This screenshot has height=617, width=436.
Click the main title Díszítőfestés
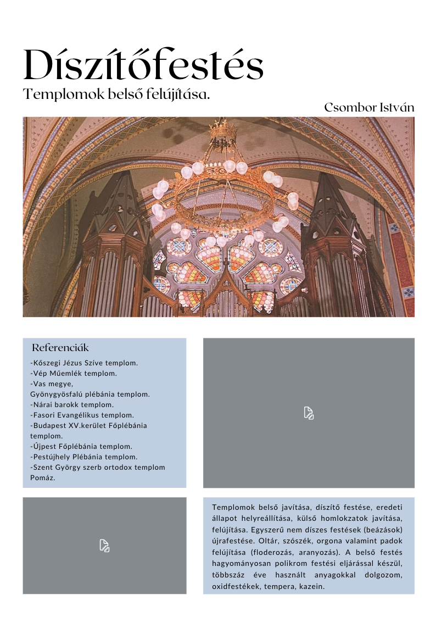tap(143, 65)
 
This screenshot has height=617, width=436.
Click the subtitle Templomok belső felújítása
tap(117, 95)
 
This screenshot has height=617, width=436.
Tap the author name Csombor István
tap(369, 108)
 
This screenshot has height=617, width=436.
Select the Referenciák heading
tap(60, 348)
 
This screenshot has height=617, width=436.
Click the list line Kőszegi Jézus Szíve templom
tap(84, 363)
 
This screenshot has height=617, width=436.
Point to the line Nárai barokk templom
tap(72, 405)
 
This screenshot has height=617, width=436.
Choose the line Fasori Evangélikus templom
tap(82, 415)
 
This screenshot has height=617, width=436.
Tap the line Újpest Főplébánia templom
tap(81, 447)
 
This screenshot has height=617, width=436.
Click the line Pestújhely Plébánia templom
tap(84, 457)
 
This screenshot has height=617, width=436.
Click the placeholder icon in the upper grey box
tap(309, 413)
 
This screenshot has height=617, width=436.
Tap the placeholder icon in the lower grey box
tap(104, 546)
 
